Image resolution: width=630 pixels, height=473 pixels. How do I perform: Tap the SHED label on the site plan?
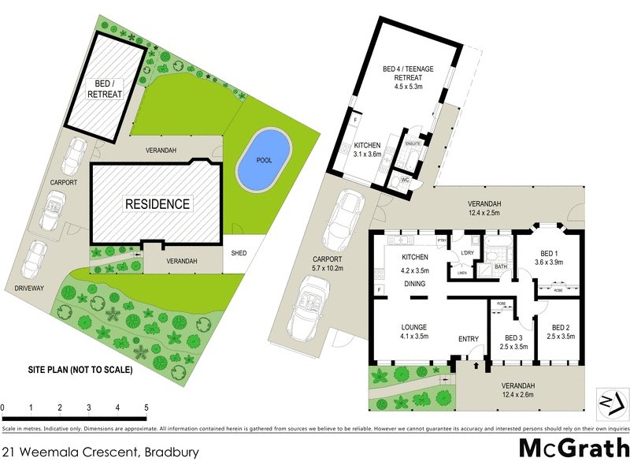(238, 254)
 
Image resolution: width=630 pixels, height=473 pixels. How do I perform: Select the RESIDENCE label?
(157, 203)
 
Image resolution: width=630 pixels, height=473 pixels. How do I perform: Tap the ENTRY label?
(469, 339)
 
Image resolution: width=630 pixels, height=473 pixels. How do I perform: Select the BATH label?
(501, 267)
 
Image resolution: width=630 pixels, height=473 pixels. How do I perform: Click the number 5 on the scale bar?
(146, 408)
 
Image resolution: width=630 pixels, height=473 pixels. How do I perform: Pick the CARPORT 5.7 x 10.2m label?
(328, 263)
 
